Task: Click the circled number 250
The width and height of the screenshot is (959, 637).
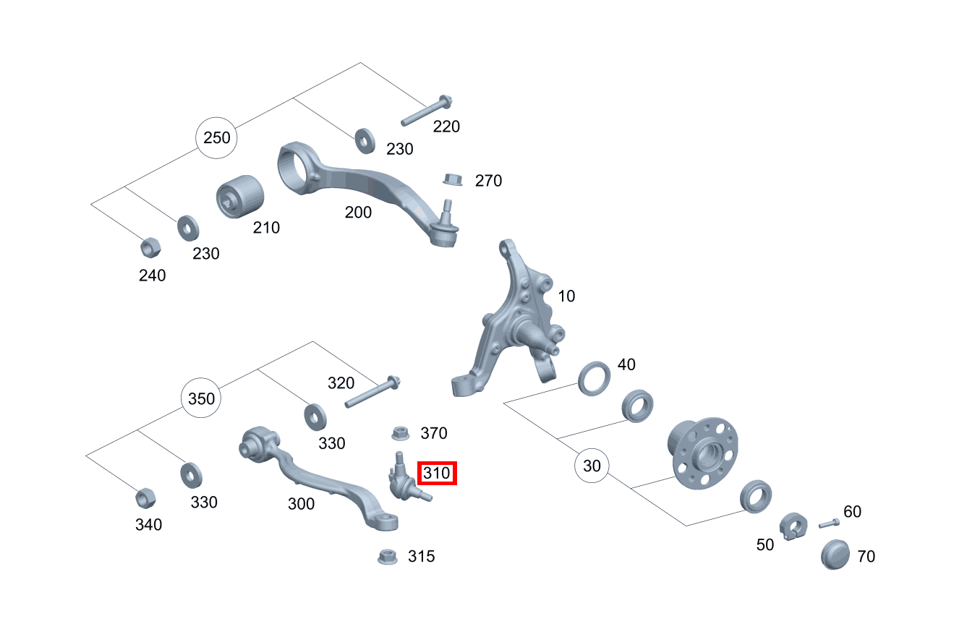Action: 216,138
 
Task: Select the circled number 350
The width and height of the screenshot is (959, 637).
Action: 201,398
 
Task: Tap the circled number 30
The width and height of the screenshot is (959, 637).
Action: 592,466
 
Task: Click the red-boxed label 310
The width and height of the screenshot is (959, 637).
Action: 437,473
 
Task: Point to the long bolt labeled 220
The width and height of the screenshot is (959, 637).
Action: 427,111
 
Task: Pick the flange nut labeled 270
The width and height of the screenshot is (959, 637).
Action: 453,179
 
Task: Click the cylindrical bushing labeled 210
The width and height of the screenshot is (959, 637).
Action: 240,197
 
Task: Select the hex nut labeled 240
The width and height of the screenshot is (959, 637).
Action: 150,247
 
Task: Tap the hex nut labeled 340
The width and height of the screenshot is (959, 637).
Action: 145,498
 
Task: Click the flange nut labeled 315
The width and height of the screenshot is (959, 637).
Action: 388,557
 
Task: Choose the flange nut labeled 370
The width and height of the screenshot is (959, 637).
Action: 400,433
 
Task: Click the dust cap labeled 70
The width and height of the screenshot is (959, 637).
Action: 835,555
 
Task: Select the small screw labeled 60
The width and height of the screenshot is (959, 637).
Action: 830,523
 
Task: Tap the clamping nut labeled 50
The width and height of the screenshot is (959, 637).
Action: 793,526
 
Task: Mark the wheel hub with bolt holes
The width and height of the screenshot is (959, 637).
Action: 703,453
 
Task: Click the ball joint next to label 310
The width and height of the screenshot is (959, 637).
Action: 404,480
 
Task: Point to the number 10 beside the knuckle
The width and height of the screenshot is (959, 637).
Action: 566,296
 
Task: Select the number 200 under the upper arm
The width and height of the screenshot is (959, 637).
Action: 358,213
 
